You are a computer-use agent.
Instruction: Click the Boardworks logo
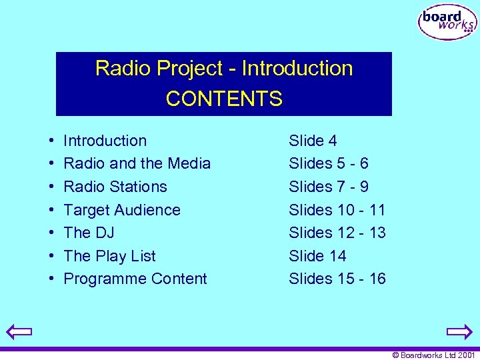[447, 23]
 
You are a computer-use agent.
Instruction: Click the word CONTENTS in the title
[224, 99]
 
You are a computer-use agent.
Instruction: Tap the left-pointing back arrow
[20, 331]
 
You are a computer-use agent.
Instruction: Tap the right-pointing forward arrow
[459, 331]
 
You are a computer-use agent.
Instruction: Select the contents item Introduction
[105, 141]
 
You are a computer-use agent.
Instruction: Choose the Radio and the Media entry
[137, 163]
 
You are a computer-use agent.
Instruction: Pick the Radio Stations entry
[115, 187]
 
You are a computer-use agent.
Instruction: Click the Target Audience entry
[121, 210]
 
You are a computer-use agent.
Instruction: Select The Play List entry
[109, 256]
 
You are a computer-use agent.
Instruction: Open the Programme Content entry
[135, 279]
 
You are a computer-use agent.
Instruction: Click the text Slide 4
[313, 141]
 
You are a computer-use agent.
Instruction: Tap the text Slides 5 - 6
[328, 163]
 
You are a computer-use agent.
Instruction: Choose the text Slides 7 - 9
[328, 187]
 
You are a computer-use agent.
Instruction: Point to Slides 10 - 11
[337, 210]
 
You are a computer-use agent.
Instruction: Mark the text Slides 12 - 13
[337, 233]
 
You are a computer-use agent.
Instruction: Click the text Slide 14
[317, 256]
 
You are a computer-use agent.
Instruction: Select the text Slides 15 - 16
[337, 279]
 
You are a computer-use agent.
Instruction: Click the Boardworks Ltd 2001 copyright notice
[433, 355]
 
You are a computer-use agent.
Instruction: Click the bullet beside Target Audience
[51, 211]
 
